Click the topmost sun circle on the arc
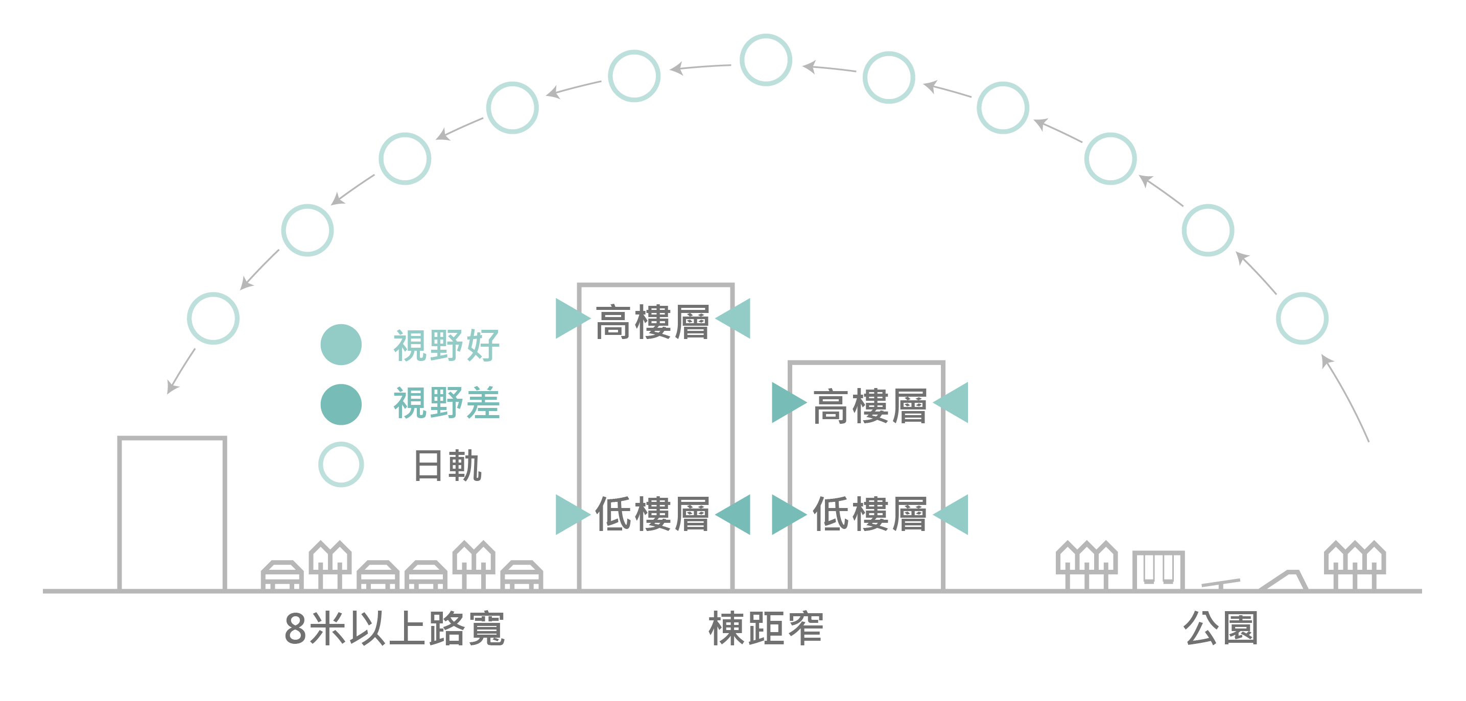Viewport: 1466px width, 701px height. [766, 60]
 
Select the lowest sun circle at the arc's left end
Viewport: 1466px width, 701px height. [213, 318]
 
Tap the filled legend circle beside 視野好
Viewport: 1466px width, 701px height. [341, 345]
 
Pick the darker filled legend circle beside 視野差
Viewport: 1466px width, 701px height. [341, 404]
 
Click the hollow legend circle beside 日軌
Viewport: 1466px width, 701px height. [341, 464]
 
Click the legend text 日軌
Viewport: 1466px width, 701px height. [448, 466]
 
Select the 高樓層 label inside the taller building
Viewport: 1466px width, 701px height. [652, 323]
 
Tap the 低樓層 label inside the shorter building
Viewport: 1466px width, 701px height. [869, 514]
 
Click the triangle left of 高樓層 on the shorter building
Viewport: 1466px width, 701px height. [787, 403]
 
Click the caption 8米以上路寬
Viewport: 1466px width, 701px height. [394, 629]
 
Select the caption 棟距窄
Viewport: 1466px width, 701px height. [766, 629]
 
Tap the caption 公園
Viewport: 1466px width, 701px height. [1220, 629]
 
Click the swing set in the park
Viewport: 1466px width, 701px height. [1158, 570]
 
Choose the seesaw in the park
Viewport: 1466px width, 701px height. [1221, 583]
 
